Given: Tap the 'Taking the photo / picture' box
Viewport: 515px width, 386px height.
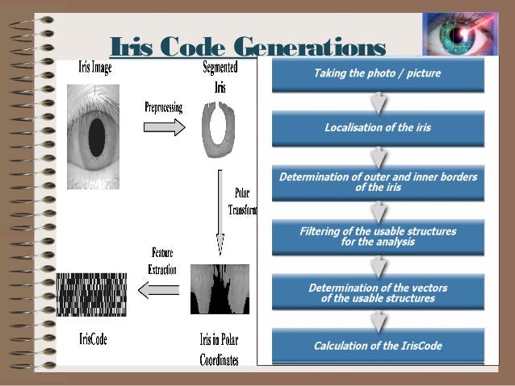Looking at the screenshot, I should [378, 75].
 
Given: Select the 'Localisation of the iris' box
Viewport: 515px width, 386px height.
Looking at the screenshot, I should [378, 127].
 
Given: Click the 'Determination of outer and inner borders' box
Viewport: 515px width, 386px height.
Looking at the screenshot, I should [378, 182].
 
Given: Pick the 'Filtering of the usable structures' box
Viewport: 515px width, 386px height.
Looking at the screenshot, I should [378, 236].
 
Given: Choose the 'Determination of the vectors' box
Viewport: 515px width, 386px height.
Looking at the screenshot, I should [378, 293].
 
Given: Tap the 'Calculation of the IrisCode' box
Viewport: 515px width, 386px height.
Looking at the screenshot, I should [378, 347].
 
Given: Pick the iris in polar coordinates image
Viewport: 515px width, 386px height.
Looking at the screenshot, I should [220, 289].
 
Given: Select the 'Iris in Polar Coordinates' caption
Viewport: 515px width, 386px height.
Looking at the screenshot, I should [220, 350].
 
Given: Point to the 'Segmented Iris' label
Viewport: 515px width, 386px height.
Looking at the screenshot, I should [220, 77].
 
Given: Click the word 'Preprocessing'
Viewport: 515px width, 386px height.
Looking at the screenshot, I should [165, 106].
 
